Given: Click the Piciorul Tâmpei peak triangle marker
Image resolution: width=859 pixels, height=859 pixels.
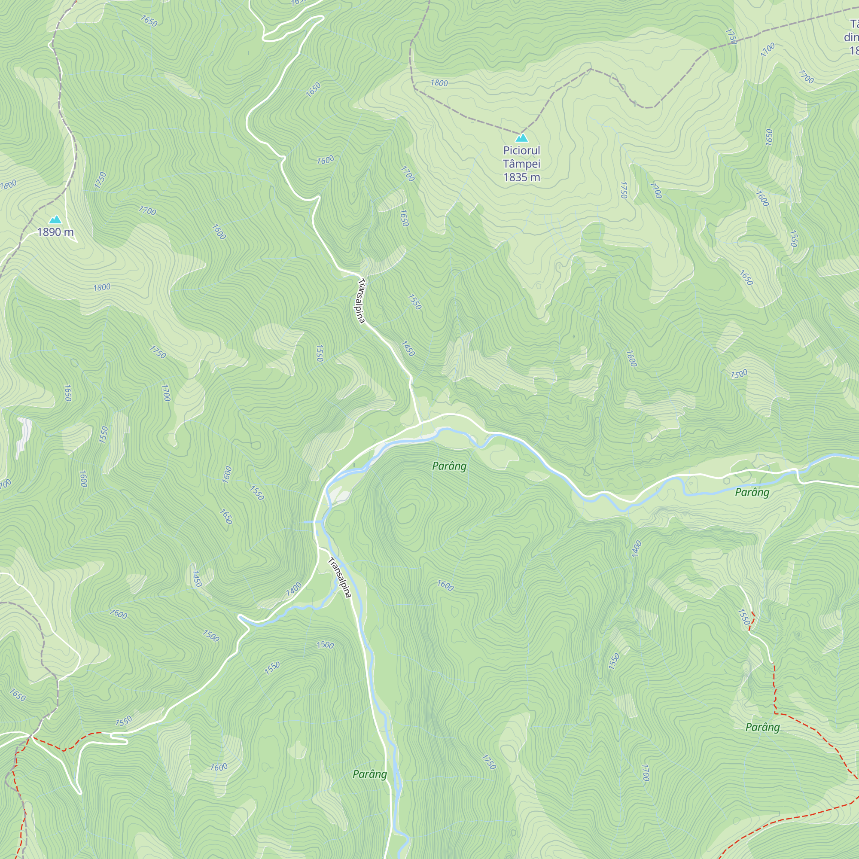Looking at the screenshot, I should coord(522,138).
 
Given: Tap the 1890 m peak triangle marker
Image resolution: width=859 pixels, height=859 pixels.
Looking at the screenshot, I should coord(55,219).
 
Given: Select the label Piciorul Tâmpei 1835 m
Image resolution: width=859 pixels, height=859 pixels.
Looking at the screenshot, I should coord(521,164).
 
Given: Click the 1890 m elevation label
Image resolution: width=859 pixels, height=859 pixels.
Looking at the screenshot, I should coord(55,232).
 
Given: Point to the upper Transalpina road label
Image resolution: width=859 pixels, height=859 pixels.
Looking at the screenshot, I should coord(361,301).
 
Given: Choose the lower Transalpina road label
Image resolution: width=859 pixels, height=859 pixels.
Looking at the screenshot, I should coord(340,577).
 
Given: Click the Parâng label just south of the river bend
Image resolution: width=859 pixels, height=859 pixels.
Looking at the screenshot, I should coord(449,466).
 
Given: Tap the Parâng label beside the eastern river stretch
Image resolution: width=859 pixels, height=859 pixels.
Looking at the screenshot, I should coord(752,492).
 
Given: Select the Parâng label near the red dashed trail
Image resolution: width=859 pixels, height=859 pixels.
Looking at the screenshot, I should coord(762,728).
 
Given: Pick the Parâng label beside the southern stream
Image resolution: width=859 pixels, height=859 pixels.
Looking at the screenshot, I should coord(369,774).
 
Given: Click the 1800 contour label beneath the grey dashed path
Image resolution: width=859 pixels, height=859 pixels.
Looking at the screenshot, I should coord(439,83).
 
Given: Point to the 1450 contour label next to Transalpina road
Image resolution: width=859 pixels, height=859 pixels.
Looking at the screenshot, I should coord(408,348).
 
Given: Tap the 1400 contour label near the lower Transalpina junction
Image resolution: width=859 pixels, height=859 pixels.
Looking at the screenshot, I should coord(293,589).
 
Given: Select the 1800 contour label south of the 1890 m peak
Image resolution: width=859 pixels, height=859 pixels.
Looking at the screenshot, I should coord(102,287).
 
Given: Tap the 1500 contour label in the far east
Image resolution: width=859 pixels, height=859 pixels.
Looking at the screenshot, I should coord(739,374).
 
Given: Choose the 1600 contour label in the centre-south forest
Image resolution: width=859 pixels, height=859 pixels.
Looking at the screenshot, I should coord(445,585).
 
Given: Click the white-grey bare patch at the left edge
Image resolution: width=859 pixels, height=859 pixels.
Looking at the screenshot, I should coord(24,436).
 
